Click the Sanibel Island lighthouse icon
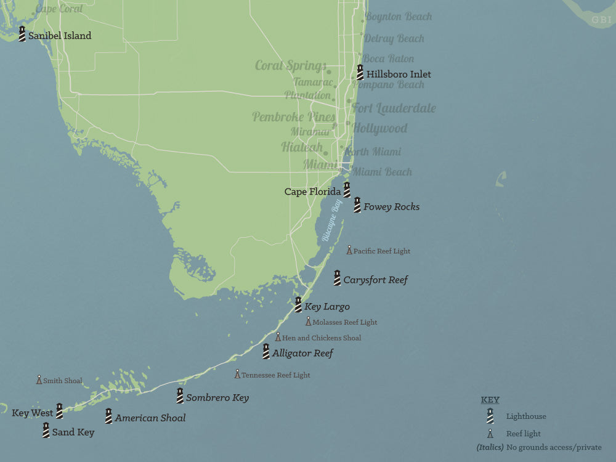pos(22,34)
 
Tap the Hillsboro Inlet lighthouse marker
pos(360,73)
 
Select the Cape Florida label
pos(312,192)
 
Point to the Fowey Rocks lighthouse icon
pos(357,205)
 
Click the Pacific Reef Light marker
pos(349,250)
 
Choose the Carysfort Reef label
pos(375,280)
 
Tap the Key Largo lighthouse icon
pos(298,305)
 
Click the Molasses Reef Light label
pos(344,322)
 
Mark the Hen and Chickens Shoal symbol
pos(278,337)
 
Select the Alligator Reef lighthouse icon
pos(266,352)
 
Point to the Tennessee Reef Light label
pos(275,375)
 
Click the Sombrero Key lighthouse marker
pos(180,395)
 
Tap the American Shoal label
pos(150,418)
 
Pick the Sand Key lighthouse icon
pos(46,431)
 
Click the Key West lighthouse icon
pos(60,411)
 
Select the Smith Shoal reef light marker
pos(39,380)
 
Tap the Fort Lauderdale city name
pos(394,108)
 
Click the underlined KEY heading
pos(490,400)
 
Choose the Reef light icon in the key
pos(490,434)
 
